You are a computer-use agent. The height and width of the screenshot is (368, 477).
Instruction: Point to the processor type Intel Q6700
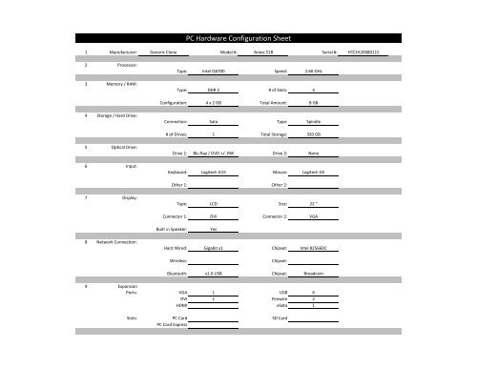coord(213,72)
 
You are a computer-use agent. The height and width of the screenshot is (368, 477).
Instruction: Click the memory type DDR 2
coord(213,89)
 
